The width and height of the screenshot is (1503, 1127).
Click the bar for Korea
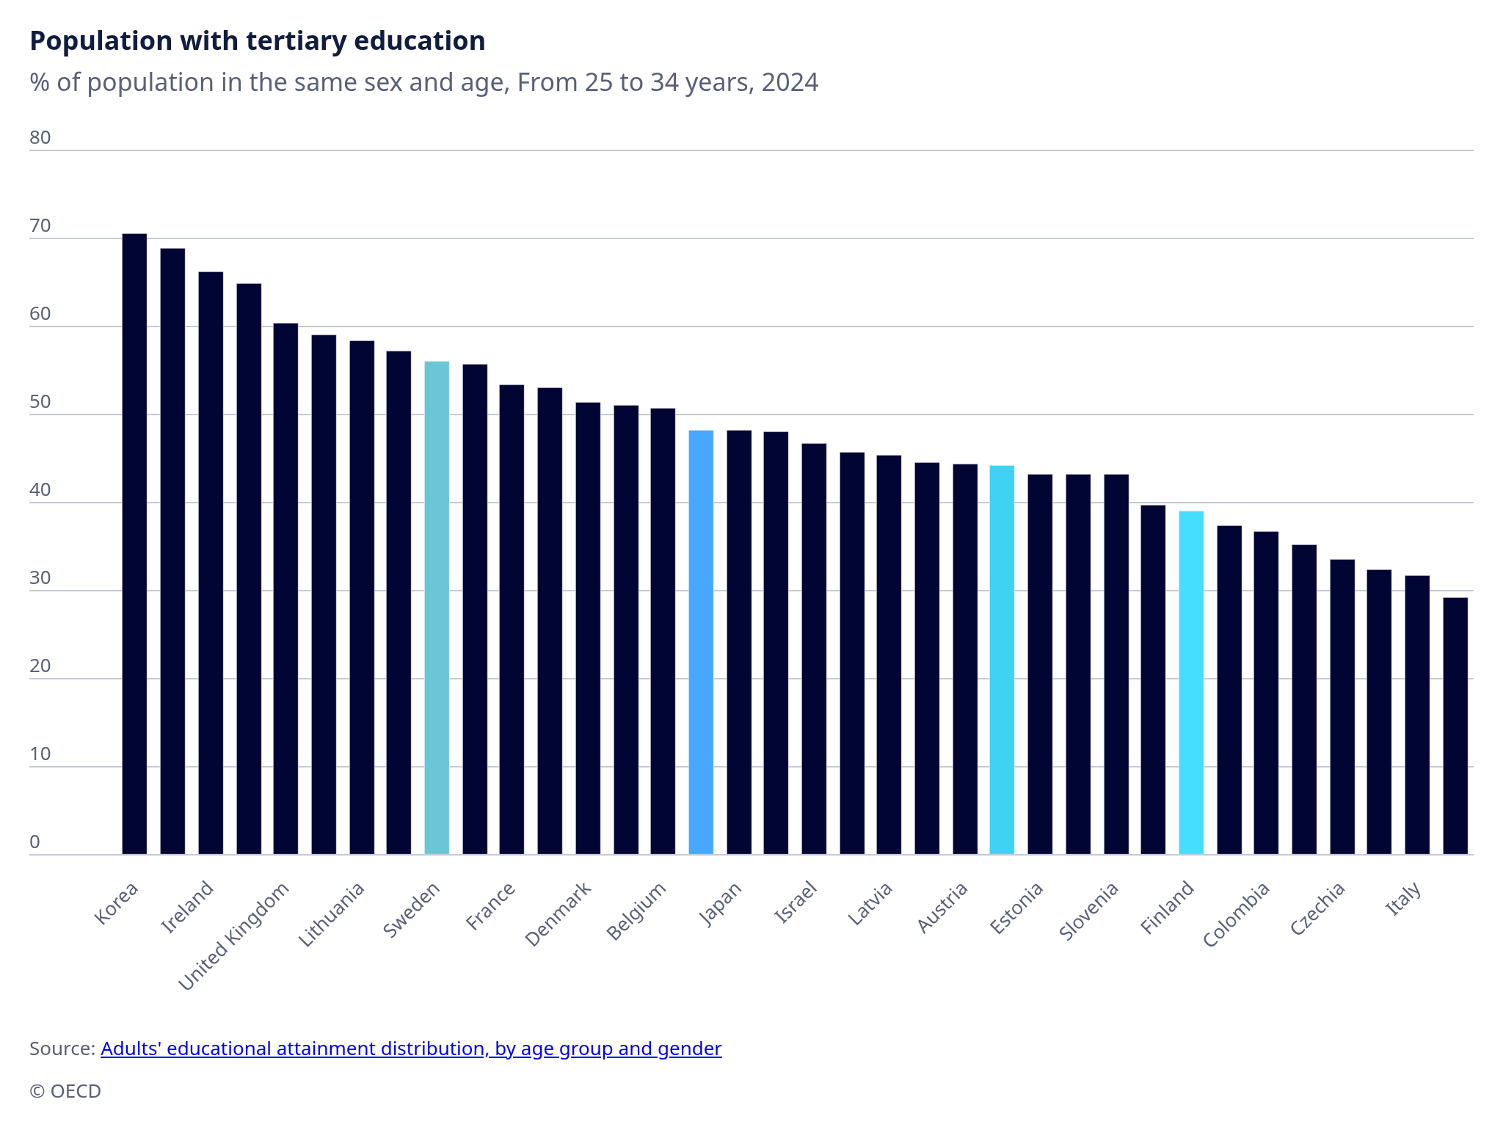point(134,544)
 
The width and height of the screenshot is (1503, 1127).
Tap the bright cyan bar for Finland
point(1191,682)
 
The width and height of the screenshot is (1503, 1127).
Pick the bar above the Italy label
point(1417,715)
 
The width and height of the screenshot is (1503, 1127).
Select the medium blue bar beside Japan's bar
point(701,642)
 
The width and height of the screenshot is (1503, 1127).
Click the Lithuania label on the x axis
point(332,913)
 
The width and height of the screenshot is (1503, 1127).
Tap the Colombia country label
point(1237,913)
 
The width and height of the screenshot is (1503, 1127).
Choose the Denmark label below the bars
point(558,913)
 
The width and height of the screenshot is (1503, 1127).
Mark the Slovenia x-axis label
point(1089,911)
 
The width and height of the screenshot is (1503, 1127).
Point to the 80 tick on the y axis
point(40,138)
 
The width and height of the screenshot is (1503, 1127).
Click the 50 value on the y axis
point(40,402)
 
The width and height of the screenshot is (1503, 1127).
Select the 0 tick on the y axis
point(35,842)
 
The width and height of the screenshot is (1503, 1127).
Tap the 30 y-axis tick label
point(40,578)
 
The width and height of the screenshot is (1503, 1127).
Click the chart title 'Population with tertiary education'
point(257,41)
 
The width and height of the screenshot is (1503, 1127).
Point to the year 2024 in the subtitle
point(790,82)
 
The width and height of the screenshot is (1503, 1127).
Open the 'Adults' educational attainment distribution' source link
point(411,1048)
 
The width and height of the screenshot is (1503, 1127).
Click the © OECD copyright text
point(65,1091)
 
